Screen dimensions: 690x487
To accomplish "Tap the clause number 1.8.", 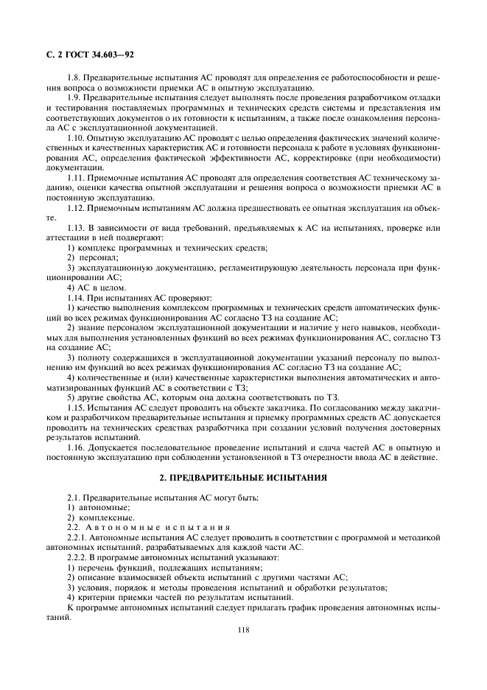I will pyautogui.click(x=74, y=77).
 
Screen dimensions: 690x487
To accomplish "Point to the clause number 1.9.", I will pyautogui.click(x=74, y=97).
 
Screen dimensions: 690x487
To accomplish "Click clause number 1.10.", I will pyautogui.click(x=76, y=138).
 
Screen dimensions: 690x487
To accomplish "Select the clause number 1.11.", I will pyautogui.click(x=76, y=178).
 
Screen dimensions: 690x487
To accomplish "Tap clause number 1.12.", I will pyautogui.click(x=76, y=208).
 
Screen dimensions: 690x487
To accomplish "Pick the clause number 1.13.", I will pyautogui.click(x=76, y=228).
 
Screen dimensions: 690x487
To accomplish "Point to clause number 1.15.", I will pyautogui.click(x=76, y=408).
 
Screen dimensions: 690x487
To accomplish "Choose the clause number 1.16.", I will pyautogui.click(x=76, y=447).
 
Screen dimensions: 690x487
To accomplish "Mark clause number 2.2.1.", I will pyautogui.click(x=78, y=538).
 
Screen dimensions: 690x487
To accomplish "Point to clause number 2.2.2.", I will pyautogui.click(x=78, y=558).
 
